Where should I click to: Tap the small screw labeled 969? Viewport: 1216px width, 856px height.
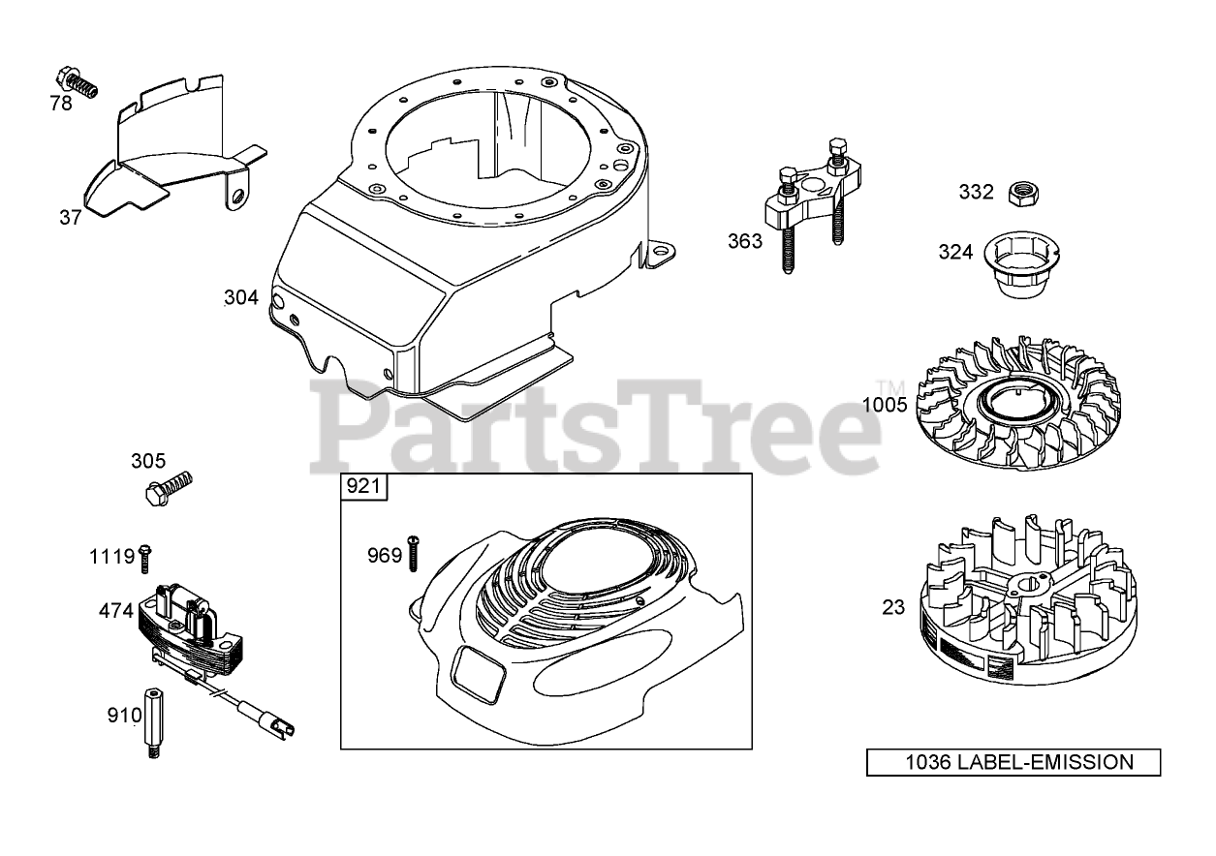pyautogui.click(x=413, y=553)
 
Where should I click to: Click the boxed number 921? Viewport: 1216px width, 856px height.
pyautogui.click(x=363, y=486)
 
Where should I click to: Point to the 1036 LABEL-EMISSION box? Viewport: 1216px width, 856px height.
pyautogui.click(x=1013, y=762)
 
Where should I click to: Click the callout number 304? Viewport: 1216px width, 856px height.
pyautogui.click(x=241, y=298)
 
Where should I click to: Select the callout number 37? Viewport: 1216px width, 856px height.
pyautogui.click(x=71, y=218)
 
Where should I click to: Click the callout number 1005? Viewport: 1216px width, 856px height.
pyautogui.click(x=885, y=404)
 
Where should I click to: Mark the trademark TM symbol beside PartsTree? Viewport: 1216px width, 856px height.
pyautogui.click(x=885, y=385)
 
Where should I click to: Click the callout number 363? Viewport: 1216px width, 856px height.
pyautogui.click(x=745, y=241)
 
